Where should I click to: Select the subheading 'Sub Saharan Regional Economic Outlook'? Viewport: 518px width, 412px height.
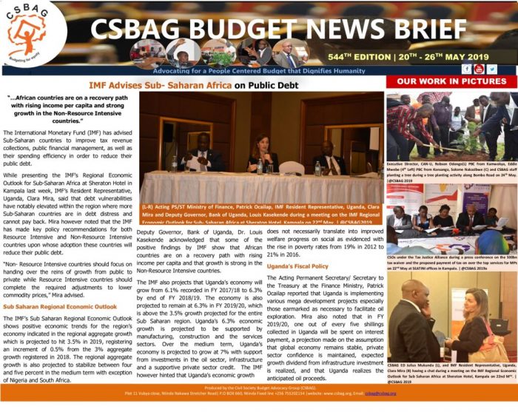point(59,305)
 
